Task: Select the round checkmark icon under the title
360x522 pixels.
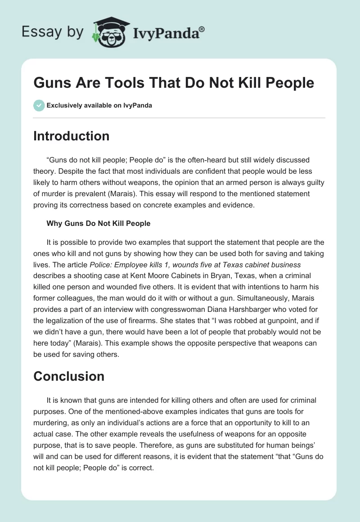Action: pyautogui.click(x=39, y=105)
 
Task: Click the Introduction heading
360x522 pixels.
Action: pyautogui.click(x=71, y=136)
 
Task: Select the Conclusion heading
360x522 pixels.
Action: pyautogui.click(x=69, y=376)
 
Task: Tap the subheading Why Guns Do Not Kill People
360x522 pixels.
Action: pyautogui.click(x=98, y=223)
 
